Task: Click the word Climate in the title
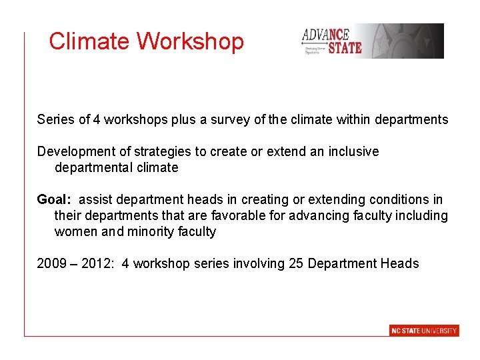click(x=89, y=41)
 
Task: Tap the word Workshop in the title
click(x=191, y=41)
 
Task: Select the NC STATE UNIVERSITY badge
click(x=424, y=331)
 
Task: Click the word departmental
click(x=93, y=167)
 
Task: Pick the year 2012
click(x=96, y=263)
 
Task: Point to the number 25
click(x=296, y=263)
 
